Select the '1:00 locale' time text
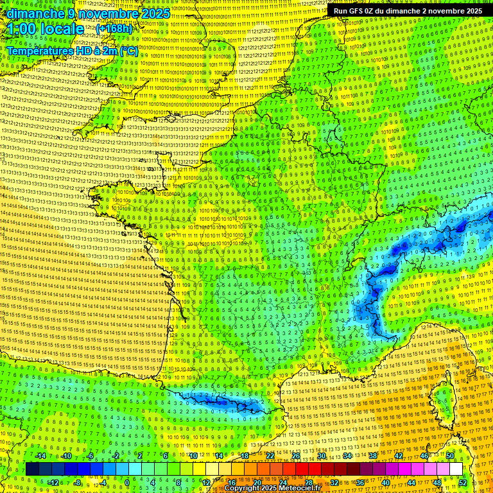tap(45, 30)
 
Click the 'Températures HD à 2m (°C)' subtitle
tap(72, 51)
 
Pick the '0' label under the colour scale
tap(127, 483)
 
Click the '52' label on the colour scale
tap(463, 483)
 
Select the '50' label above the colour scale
tap(450, 456)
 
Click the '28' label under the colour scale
tap(308, 483)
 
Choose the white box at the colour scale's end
tap(456, 469)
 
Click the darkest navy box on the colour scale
tap(32, 469)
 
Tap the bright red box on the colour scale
tap(302, 469)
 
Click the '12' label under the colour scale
tap(205, 483)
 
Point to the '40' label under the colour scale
tap(386, 483)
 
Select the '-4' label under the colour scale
tap(101, 483)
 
